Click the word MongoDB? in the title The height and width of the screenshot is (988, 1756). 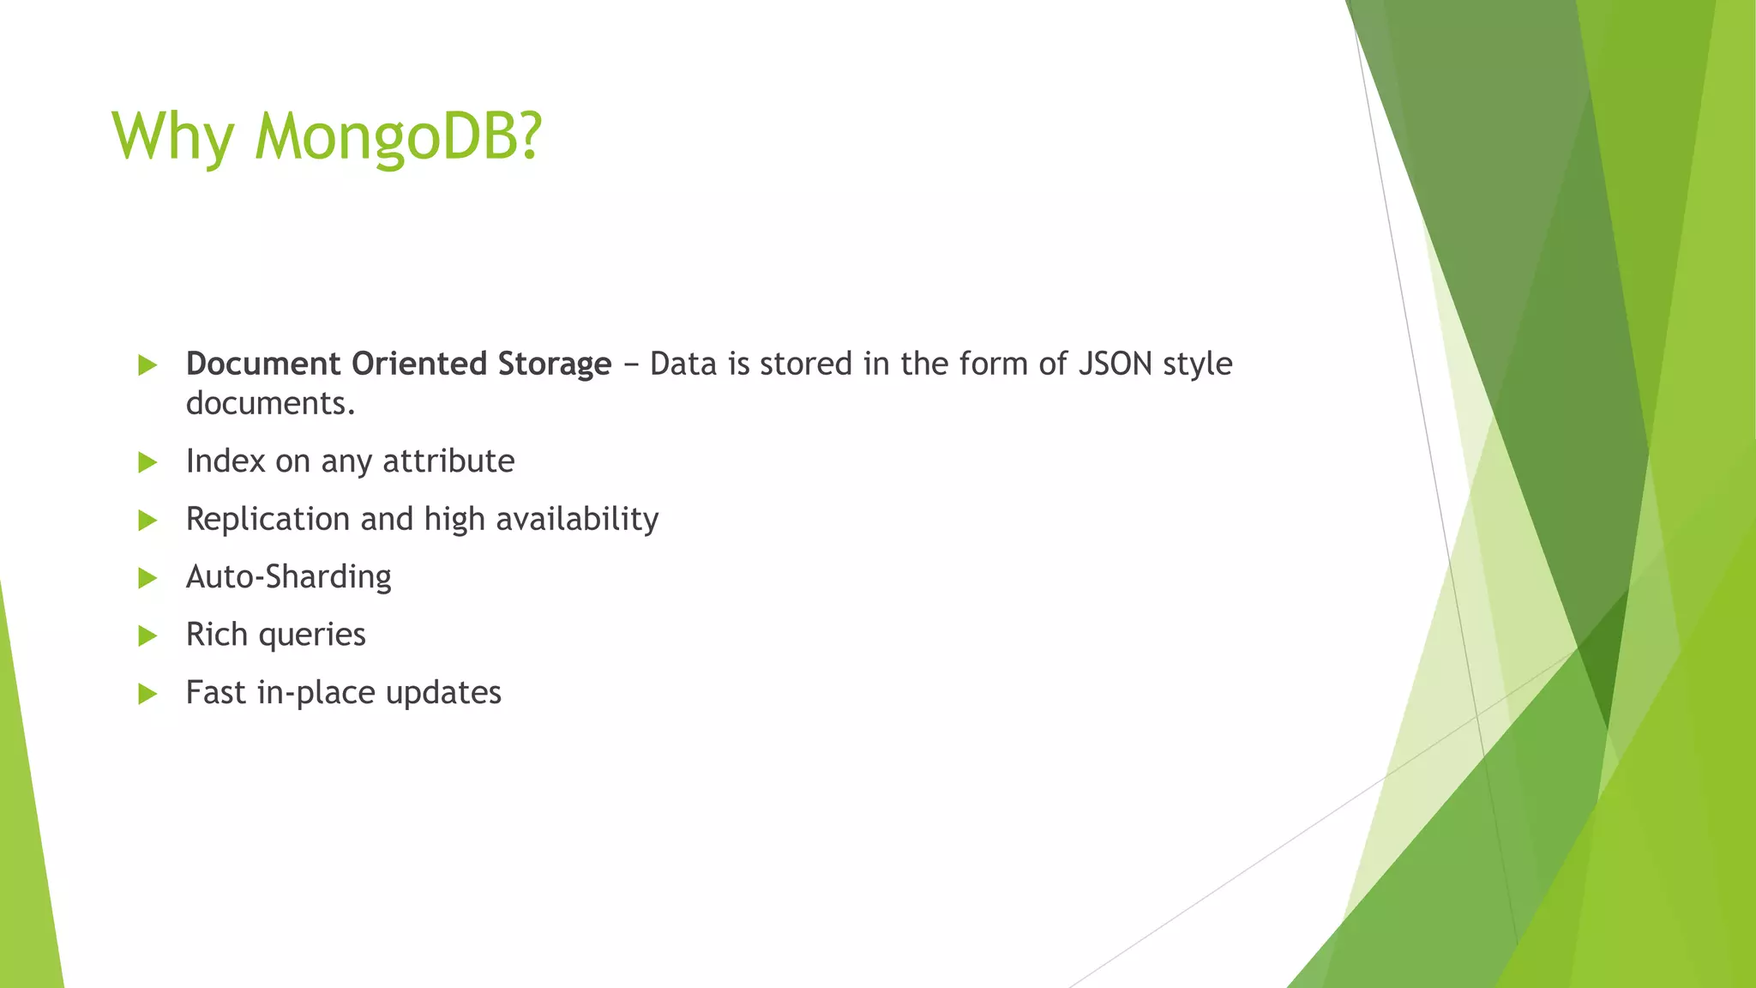(399, 137)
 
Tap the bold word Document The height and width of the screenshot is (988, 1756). (263, 364)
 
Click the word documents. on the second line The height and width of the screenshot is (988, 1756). (270, 403)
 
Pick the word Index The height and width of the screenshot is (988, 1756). (226, 461)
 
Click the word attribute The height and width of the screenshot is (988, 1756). (448, 461)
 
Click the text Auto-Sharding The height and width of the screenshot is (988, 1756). (289, 576)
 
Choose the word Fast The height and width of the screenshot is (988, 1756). (215, 692)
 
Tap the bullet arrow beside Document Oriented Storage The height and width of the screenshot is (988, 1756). (147, 365)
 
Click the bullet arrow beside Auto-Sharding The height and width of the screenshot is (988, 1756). (147, 578)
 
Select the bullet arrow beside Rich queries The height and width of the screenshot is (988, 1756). (147, 636)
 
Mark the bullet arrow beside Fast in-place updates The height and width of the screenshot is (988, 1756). (147, 694)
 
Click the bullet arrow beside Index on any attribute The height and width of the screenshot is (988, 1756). (147, 463)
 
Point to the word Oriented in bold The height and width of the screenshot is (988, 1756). (419, 364)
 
